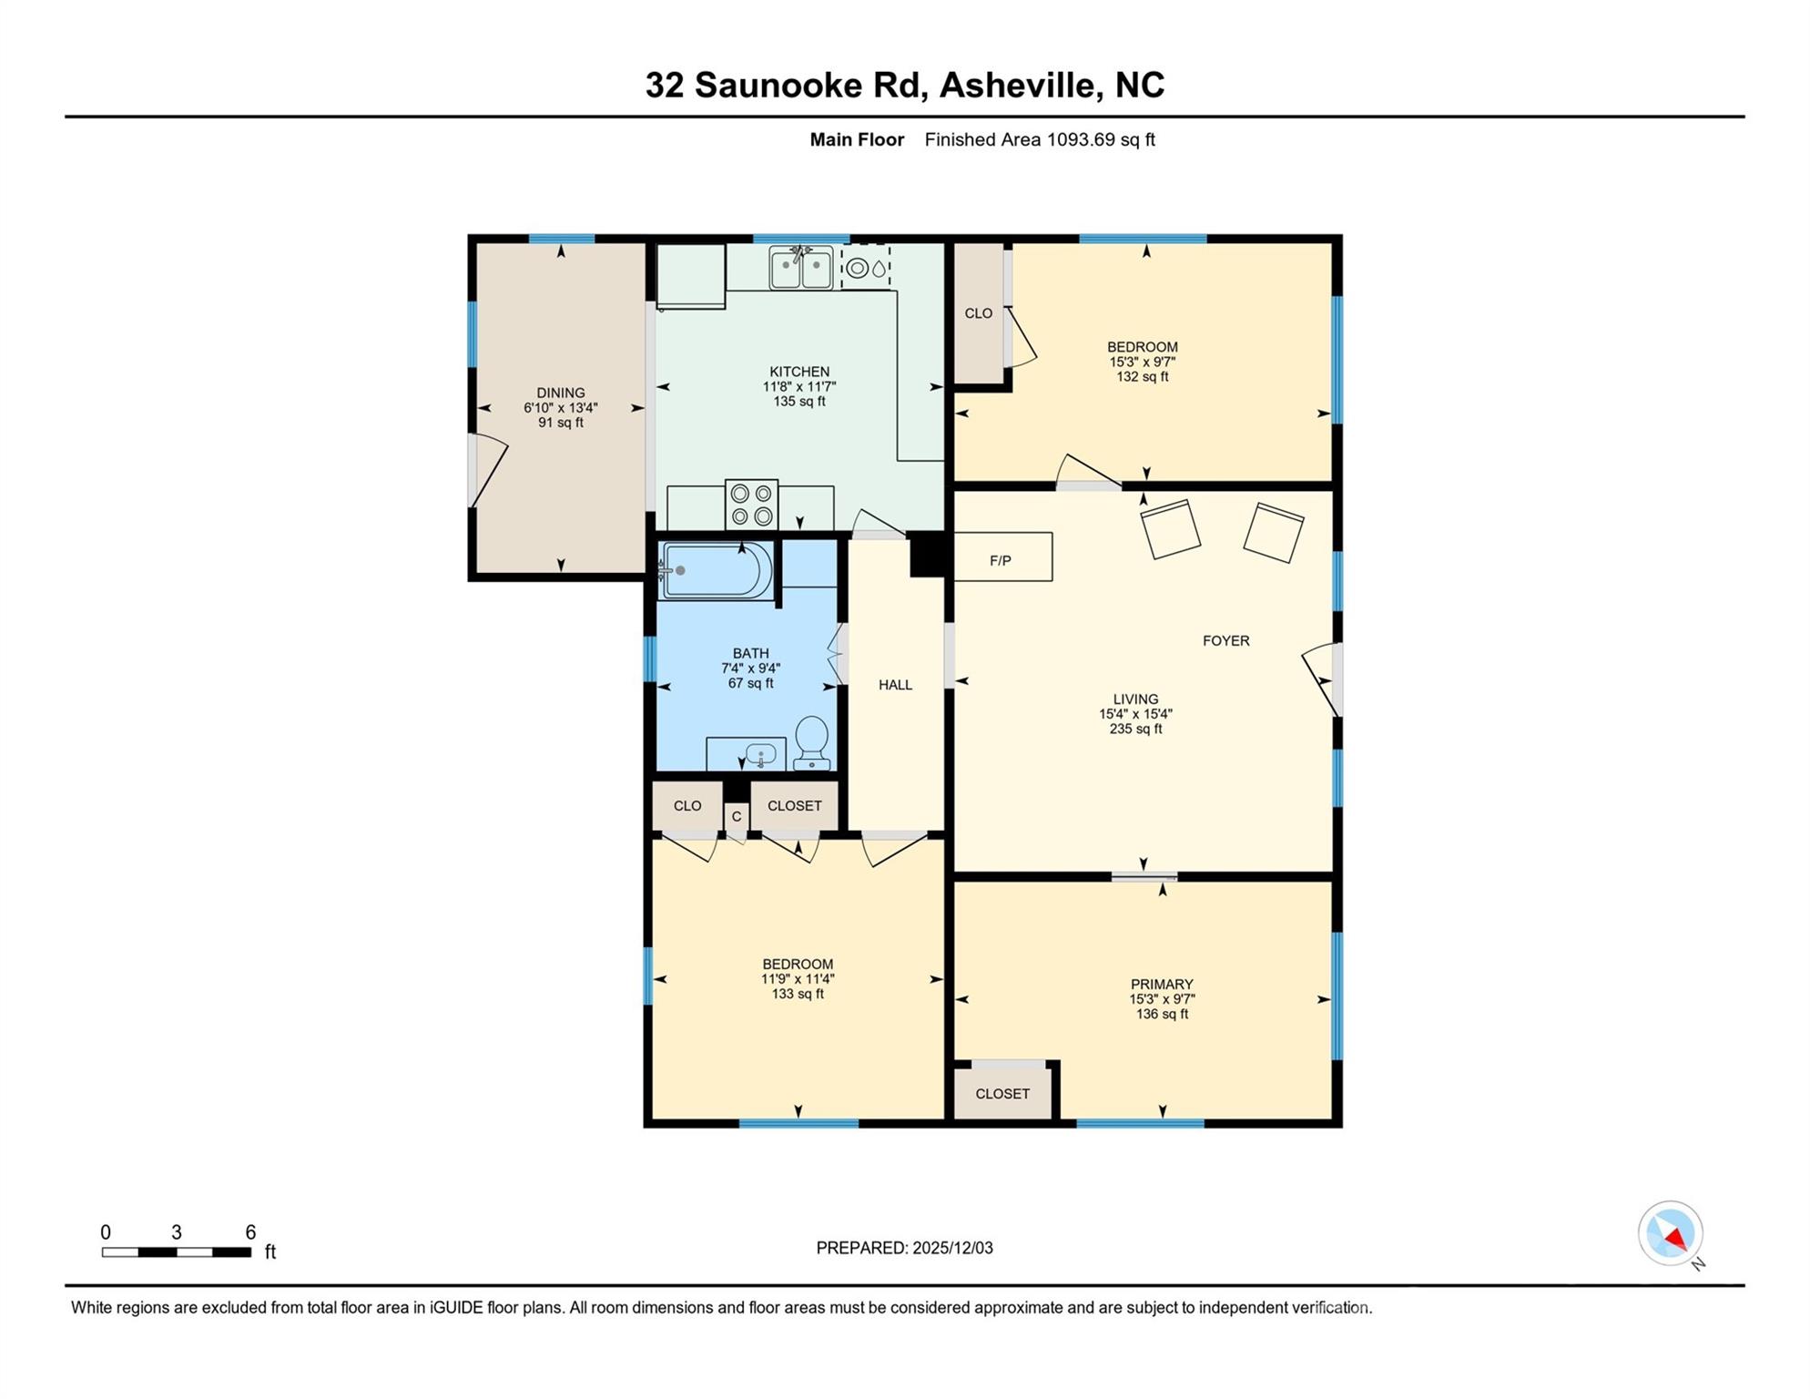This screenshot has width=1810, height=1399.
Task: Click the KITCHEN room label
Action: (x=799, y=372)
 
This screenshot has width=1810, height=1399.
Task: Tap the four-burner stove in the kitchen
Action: (x=751, y=505)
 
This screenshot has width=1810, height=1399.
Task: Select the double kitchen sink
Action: (x=800, y=269)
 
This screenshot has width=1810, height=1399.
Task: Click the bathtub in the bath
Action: (x=717, y=571)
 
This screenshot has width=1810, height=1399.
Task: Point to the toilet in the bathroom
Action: (x=811, y=741)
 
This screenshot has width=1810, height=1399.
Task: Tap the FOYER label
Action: (x=1225, y=641)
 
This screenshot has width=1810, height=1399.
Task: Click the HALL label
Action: (x=895, y=685)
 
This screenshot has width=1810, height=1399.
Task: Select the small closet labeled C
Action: (x=737, y=817)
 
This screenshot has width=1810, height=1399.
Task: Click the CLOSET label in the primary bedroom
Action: (x=1002, y=1094)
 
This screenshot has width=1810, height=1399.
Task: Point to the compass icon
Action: (x=1671, y=1233)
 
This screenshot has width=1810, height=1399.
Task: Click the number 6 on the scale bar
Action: (x=250, y=1232)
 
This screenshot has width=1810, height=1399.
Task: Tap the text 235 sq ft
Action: (x=1135, y=730)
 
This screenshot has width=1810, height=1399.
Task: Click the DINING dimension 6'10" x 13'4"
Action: (x=561, y=408)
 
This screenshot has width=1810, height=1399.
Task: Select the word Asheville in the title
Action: (x=1019, y=85)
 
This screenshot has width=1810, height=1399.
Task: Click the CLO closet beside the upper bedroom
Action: (x=979, y=313)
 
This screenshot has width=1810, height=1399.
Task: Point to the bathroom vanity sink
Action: (x=759, y=755)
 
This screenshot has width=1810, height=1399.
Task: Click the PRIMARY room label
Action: (x=1162, y=985)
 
